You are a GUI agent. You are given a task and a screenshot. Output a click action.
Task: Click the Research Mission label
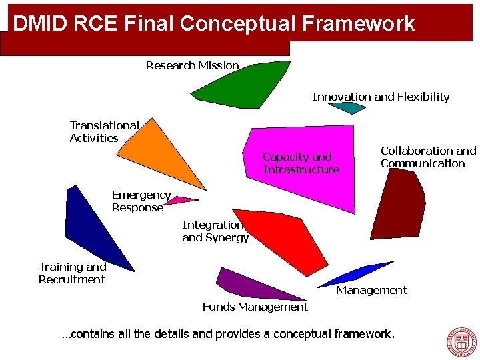pyautogui.click(x=192, y=65)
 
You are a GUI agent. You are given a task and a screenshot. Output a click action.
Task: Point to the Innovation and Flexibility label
pyautogui.click(x=381, y=97)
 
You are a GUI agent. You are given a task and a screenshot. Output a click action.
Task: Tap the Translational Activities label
pyautogui.click(x=104, y=132)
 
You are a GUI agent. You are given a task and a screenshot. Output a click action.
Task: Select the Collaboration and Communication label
pyautogui.click(x=428, y=157)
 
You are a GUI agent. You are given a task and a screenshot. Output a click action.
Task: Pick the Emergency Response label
pyautogui.click(x=141, y=201)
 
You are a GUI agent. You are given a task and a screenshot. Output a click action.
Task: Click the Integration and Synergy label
pyautogui.click(x=215, y=231)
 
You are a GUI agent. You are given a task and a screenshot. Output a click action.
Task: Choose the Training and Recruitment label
pyautogui.click(x=72, y=273)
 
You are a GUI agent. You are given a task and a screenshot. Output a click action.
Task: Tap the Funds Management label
pyautogui.click(x=255, y=307)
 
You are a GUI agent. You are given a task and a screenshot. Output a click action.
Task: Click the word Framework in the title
pyautogui.click(x=358, y=23)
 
